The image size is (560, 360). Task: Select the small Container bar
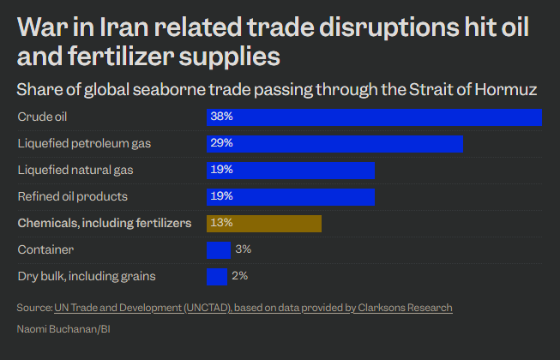coord(219,249)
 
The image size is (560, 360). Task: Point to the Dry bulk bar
coord(217,276)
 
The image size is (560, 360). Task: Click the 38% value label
coord(221,117)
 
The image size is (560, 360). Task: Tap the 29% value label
coord(221,143)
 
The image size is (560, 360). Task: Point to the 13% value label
coord(221,223)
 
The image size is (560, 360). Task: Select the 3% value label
coord(243,249)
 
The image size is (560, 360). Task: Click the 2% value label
coord(239,276)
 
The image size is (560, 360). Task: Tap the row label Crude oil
coord(41,117)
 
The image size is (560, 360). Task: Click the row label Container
coord(45,249)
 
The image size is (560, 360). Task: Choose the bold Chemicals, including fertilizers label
coord(105,223)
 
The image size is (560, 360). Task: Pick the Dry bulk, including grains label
coord(87,276)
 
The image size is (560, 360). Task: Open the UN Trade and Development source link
coord(253,307)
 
